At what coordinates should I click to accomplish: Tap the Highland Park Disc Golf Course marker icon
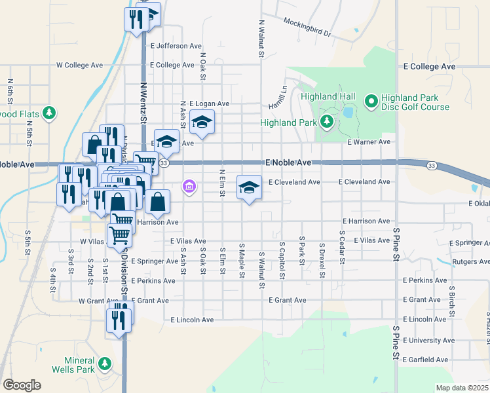click(370, 101)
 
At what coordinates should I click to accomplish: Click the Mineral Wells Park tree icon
click(104, 363)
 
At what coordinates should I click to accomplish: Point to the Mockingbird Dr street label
click(307, 26)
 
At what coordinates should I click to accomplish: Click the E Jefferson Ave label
click(176, 47)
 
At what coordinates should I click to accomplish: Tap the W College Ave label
click(80, 65)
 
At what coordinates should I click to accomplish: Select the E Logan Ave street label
click(209, 104)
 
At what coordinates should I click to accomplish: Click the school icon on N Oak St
click(202, 121)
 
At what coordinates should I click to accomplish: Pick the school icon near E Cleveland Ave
click(248, 187)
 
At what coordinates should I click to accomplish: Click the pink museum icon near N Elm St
click(189, 187)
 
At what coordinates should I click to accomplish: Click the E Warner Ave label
click(369, 142)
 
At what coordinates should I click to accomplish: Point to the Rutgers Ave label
click(471, 262)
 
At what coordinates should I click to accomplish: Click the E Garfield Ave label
click(426, 360)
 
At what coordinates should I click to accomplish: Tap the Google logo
click(22, 385)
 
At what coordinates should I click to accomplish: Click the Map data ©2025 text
click(461, 388)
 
